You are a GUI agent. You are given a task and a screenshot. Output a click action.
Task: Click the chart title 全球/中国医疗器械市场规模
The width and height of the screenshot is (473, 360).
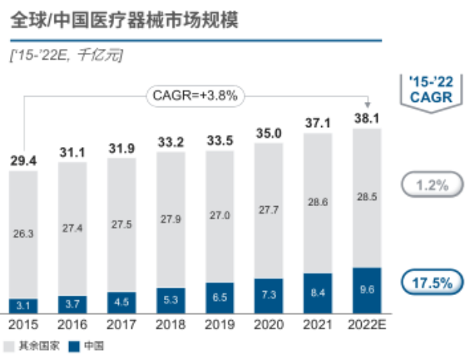pyautogui.click(x=124, y=21)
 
